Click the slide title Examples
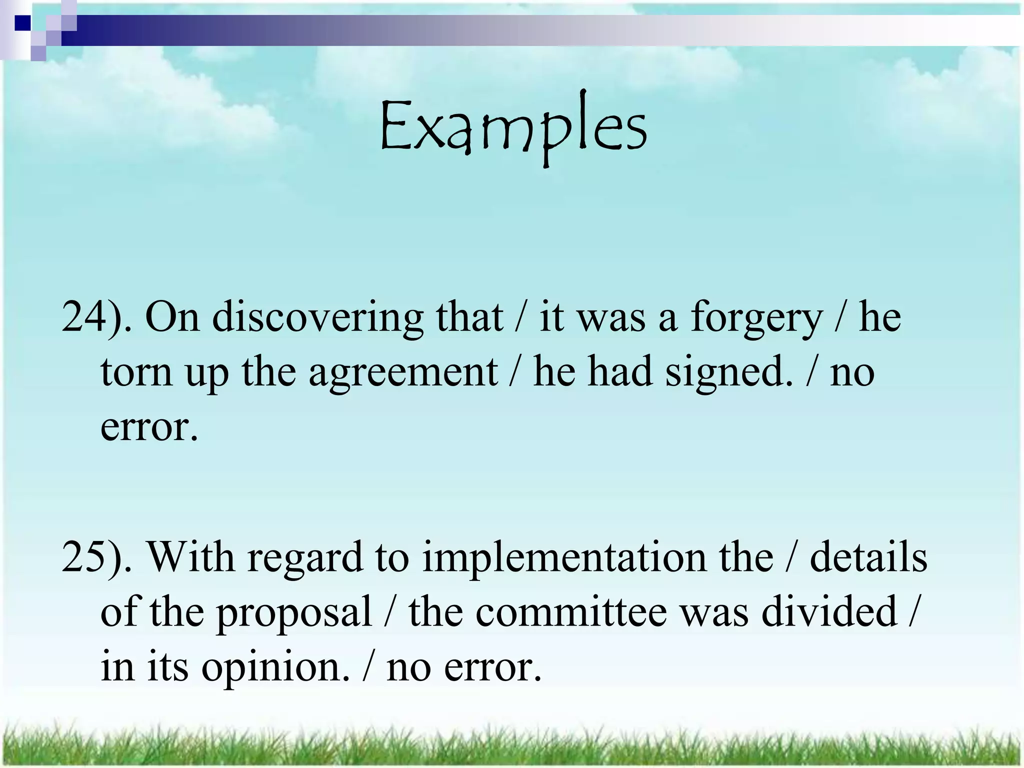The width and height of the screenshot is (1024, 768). (513, 127)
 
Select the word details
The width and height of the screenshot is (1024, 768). (868, 557)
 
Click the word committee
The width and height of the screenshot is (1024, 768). (571, 612)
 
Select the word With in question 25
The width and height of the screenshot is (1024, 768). (190, 557)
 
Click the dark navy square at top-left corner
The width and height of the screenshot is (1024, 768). (23, 23)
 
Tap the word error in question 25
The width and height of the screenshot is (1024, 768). (492, 668)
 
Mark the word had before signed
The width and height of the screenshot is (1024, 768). (620, 372)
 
